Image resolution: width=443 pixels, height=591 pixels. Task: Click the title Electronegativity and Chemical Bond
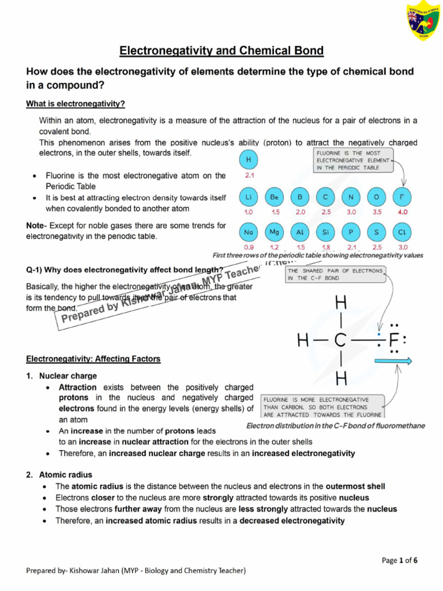pyautogui.click(x=221, y=51)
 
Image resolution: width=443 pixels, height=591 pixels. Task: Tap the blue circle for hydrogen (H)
pyautogui.click(x=247, y=159)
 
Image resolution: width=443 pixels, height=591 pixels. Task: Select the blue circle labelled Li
pyautogui.click(x=247, y=197)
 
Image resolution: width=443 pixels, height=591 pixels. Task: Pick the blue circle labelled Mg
pyautogui.click(x=273, y=232)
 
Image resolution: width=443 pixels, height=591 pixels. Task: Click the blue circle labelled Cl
pyautogui.click(x=402, y=232)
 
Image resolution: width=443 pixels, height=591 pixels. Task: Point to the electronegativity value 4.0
pyautogui.click(x=402, y=212)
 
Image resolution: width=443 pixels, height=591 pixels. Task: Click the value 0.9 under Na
pyautogui.click(x=249, y=247)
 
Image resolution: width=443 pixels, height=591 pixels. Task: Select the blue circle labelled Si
pyautogui.click(x=325, y=232)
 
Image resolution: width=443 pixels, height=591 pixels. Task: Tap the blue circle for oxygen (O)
pyautogui.click(x=376, y=197)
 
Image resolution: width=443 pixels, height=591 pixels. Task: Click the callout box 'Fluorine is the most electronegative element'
pyautogui.click(x=352, y=160)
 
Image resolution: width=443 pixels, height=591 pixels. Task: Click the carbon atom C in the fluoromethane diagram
pyautogui.click(x=340, y=341)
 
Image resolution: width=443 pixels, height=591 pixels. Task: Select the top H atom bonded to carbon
pyautogui.click(x=340, y=302)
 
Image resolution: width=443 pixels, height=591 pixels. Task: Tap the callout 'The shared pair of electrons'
pyautogui.click(x=335, y=274)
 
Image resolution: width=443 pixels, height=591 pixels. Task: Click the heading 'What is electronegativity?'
pyautogui.click(x=76, y=104)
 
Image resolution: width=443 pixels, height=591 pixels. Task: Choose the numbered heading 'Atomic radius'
pyautogui.click(x=65, y=475)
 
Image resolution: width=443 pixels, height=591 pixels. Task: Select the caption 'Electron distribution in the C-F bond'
pyautogui.click(x=335, y=426)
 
